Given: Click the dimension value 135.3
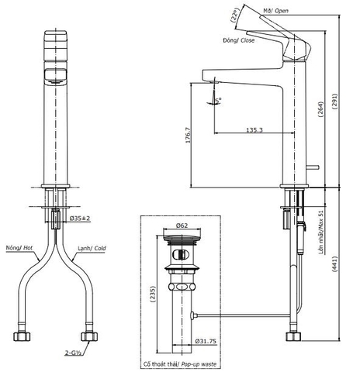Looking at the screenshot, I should coord(252,130).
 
